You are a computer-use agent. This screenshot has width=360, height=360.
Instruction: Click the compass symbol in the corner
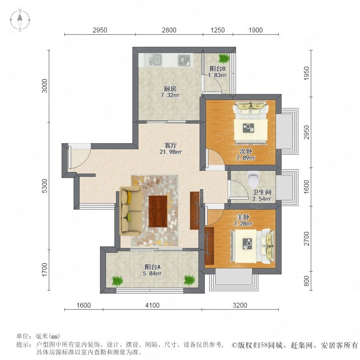[x=20, y=20]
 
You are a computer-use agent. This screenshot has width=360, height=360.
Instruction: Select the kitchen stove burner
[x=184, y=60]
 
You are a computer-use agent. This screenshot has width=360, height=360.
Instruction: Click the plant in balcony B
[x=223, y=58]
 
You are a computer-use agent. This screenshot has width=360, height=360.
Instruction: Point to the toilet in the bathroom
[x=253, y=179]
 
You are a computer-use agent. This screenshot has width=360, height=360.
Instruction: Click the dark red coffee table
[x=158, y=211]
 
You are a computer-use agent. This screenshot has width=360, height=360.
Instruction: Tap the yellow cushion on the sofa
[x=129, y=197]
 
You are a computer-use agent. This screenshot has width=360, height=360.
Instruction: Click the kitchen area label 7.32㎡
[x=170, y=95]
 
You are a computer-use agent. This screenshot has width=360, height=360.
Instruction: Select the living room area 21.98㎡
[x=170, y=152]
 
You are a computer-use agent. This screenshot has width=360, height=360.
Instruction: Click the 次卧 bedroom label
[x=246, y=151]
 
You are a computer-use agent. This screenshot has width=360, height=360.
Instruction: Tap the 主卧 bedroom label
[x=243, y=217]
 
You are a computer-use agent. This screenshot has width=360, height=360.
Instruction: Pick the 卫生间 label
[x=262, y=192]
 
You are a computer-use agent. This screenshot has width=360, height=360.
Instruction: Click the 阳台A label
[x=152, y=267]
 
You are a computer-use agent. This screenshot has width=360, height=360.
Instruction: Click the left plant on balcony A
[x=117, y=280]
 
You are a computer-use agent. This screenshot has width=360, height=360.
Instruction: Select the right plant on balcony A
[x=189, y=280]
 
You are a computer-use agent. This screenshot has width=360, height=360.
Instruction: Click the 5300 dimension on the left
[x=45, y=186]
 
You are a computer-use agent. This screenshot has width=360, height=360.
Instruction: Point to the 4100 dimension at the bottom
[x=152, y=305]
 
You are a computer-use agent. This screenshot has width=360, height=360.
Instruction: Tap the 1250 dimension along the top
[x=218, y=30]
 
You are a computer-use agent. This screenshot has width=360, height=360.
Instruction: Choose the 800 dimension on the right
[x=306, y=281]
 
